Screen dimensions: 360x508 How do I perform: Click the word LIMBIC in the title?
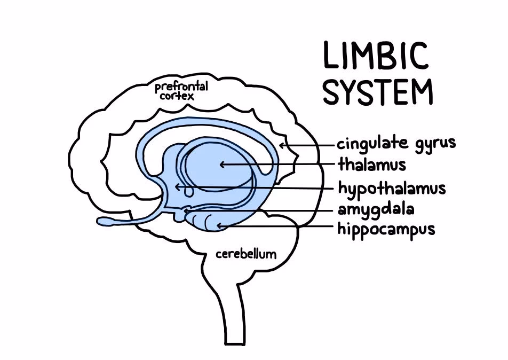point(376,56)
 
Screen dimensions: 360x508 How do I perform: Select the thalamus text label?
point(371,164)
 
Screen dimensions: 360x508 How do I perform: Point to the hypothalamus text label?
point(392,189)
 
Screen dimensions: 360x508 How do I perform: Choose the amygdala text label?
point(376,209)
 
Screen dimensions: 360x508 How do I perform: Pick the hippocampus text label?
point(386,229)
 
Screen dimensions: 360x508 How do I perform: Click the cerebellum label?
point(246,254)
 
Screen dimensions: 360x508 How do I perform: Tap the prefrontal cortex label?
point(181,91)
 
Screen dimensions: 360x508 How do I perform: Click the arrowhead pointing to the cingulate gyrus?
point(281,144)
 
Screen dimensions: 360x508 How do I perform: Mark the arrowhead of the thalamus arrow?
point(221,165)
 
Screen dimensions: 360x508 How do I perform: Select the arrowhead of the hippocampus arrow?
point(218,226)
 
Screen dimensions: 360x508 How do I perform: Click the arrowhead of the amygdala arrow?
point(187,212)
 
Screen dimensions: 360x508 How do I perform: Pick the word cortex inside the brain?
point(177,97)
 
